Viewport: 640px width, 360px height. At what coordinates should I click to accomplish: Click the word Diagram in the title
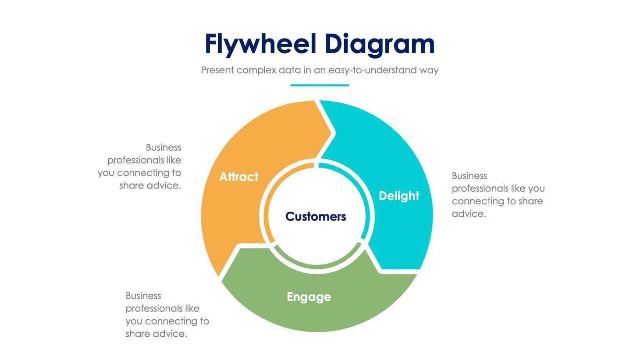pyautogui.click(x=380, y=44)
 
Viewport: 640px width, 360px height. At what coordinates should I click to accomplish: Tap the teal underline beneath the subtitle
pyautogui.click(x=320, y=85)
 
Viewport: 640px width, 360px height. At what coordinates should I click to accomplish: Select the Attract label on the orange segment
pyautogui.click(x=238, y=177)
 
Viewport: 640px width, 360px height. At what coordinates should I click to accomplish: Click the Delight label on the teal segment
pyautogui.click(x=399, y=196)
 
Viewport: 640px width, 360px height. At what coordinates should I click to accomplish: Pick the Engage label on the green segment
pyautogui.click(x=309, y=297)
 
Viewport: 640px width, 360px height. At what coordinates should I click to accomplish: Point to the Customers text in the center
pyautogui.click(x=316, y=216)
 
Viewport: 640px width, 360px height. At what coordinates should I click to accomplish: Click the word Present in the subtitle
pyautogui.click(x=217, y=70)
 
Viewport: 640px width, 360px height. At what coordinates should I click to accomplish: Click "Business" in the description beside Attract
pyautogui.click(x=163, y=147)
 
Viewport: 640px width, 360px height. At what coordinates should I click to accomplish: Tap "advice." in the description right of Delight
pyautogui.click(x=469, y=214)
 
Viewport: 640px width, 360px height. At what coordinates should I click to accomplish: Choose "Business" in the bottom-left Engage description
pyautogui.click(x=143, y=296)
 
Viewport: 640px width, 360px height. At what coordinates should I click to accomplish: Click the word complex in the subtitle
pyautogui.click(x=256, y=70)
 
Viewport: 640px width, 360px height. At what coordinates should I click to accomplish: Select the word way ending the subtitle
pyautogui.click(x=429, y=70)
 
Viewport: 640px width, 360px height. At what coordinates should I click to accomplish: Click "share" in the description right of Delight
pyautogui.click(x=530, y=201)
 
